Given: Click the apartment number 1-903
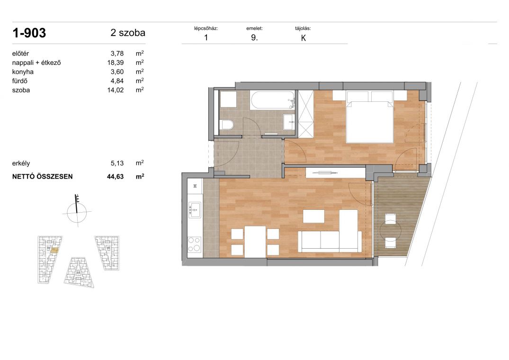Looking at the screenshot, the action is point(29,33).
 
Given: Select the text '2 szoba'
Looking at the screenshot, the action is point(128,33).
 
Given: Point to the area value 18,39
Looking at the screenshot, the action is point(116,63).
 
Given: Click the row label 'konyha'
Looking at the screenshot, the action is point(23,72).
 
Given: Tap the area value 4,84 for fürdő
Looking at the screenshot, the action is point(117,81).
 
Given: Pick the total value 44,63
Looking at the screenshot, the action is point(116,177).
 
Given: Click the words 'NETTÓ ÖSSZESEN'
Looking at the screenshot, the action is point(43,177).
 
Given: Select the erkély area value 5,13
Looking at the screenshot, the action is point(117,163).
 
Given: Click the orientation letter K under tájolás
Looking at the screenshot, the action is point(304,38).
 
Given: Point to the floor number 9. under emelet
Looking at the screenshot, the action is point(255,37).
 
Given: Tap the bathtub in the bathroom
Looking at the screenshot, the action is point(272,100).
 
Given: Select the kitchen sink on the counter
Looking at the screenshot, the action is point(195,210).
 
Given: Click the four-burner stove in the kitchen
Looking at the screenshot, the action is point(195,244).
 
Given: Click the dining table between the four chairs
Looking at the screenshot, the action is point(256,241).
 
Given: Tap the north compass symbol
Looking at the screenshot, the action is point(77,212).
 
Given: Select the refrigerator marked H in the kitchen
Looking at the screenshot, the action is point(195,186).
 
